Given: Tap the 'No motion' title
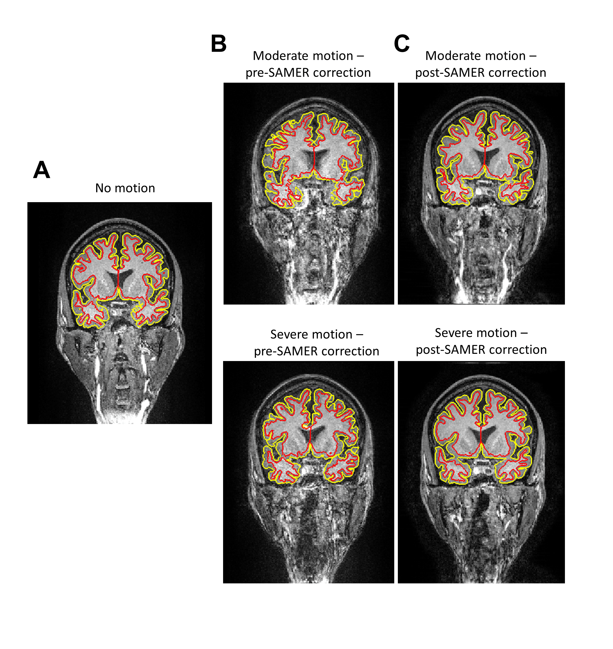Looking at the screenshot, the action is (125, 188).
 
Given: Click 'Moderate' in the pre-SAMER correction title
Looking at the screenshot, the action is (303, 56).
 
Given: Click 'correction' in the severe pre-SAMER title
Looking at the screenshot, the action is (352, 351).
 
